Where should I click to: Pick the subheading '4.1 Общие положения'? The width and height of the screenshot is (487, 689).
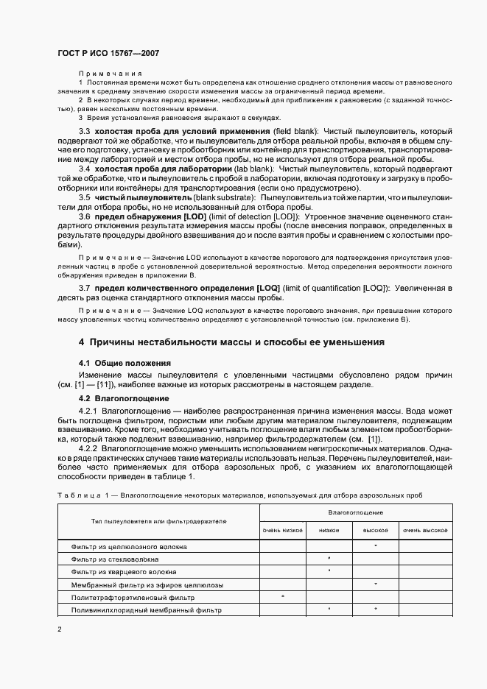pos(124,364)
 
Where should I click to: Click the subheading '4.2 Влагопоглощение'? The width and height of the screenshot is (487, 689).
pos(119,398)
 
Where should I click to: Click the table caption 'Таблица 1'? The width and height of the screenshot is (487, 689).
pos(82,495)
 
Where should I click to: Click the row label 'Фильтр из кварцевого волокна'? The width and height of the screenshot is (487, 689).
pos(123,571)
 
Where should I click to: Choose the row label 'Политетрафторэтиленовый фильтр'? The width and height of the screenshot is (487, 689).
pos(133,598)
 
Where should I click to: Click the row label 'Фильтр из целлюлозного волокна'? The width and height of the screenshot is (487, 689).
pos(128,547)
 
